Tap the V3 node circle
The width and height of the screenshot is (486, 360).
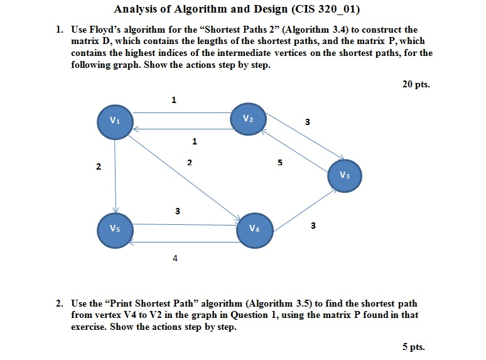click(x=345, y=175)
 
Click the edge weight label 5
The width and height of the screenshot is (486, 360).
click(x=279, y=163)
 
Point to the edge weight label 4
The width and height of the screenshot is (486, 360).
click(x=175, y=257)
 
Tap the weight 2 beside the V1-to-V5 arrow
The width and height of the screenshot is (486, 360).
click(x=98, y=166)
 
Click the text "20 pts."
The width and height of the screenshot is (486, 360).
click(x=416, y=84)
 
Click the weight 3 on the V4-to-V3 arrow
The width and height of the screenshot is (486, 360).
click(x=313, y=225)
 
